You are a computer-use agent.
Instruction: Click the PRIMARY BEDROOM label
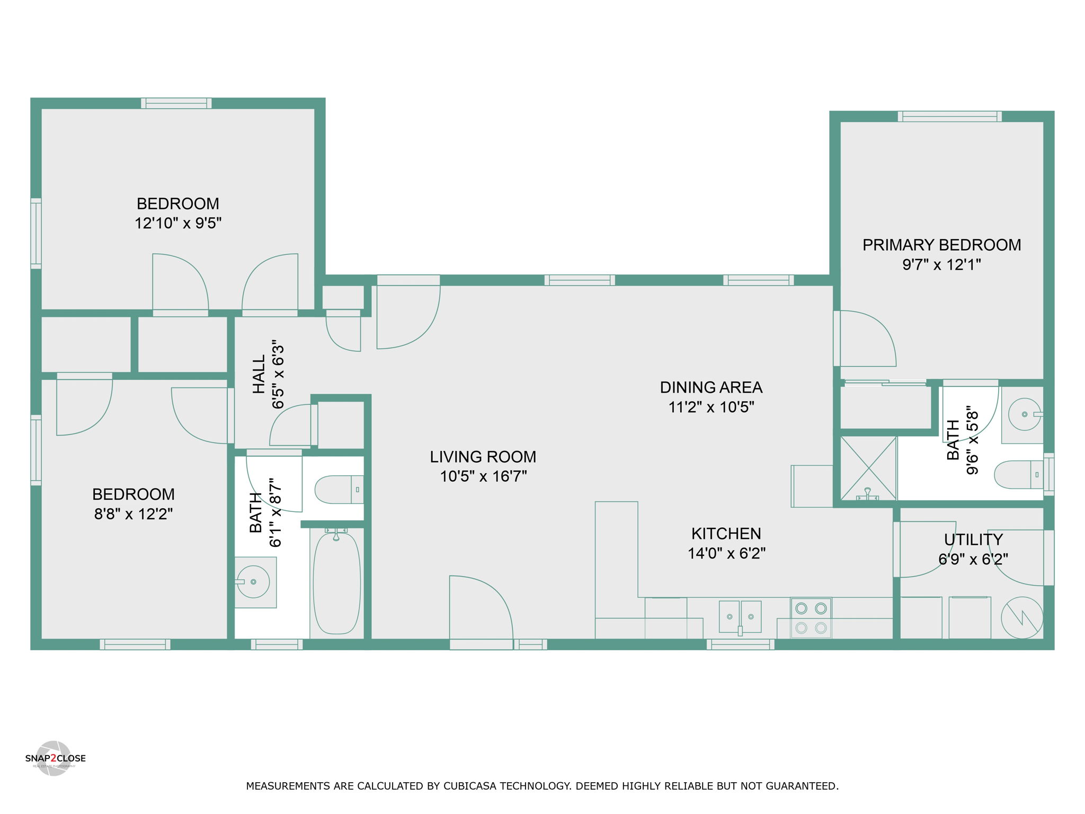point(941,245)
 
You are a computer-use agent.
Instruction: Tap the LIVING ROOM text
point(483,457)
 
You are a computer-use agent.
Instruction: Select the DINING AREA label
point(711,387)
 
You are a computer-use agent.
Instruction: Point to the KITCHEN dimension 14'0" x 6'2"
point(726,553)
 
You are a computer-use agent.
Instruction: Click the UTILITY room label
point(973,539)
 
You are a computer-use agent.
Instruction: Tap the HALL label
point(259,375)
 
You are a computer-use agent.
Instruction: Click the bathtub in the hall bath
point(337,582)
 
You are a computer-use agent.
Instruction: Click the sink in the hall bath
point(255,582)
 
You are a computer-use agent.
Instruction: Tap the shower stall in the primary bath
point(868,468)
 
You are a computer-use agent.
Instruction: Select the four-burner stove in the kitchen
point(811,618)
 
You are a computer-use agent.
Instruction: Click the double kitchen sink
point(740,617)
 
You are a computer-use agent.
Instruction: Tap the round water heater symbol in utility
point(1022,618)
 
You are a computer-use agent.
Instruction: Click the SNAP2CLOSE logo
point(55,758)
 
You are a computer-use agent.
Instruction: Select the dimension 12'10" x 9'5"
point(178,223)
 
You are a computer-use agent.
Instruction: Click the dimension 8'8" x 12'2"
point(134,514)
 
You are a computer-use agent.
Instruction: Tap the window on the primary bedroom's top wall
point(949,116)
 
